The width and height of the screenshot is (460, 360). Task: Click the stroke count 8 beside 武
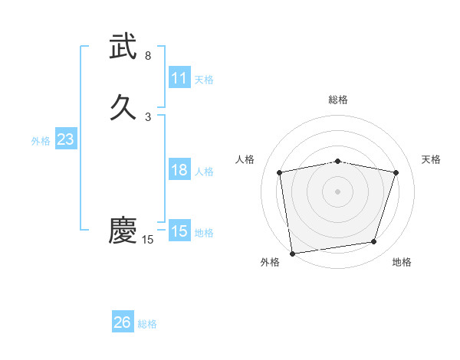[148, 56]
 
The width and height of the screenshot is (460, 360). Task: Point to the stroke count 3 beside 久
[148, 117]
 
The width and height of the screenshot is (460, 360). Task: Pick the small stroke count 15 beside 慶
[148, 240]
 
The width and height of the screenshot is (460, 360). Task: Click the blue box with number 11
[179, 78]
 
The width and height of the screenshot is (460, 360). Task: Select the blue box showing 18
[179, 170]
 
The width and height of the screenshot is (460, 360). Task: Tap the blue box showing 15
[179, 231]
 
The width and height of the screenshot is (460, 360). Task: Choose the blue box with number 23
[65, 139]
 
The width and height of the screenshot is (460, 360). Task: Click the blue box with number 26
[123, 322]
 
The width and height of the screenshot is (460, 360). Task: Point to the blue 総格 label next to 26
[148, 324]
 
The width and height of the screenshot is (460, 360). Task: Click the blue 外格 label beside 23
[41, 141]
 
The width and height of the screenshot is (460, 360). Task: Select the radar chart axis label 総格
[338, 100]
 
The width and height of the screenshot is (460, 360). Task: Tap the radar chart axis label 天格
[432, 159]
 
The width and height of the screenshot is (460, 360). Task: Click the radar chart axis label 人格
[245, 159]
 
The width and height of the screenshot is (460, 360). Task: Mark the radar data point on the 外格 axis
[292, 253]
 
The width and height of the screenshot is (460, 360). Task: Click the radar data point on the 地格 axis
[374, 242]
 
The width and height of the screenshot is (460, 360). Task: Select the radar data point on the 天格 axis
[396, 172]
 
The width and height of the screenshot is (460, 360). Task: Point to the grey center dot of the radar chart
[338, 191]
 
